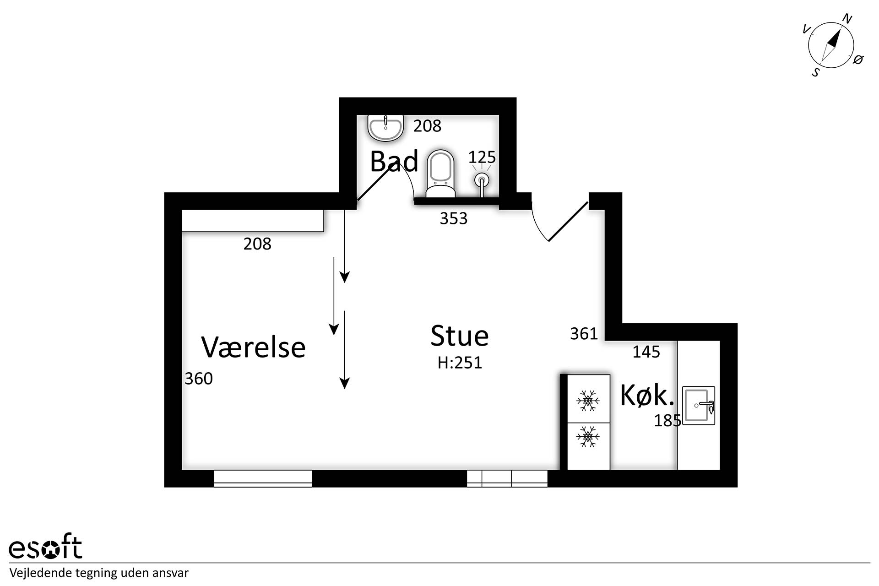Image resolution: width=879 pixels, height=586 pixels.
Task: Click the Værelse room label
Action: click(x=253, y=347)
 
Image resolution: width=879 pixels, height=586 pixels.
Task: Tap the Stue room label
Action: click(x=459, y=336)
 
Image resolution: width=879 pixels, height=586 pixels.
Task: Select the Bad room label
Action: click(x=394, y=161)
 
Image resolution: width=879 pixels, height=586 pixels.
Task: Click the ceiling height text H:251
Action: click(x=460, y=363)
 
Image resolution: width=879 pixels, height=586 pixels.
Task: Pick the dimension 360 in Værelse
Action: click(x=199, y=379)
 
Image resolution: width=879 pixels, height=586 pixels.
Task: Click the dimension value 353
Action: click(x=453, y=218)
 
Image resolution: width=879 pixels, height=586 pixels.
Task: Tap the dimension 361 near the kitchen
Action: click(x=584, y=334)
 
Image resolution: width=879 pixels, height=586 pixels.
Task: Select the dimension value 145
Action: click(x=646, y=352)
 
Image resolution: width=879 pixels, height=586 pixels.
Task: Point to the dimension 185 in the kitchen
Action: click(x=667, y=420)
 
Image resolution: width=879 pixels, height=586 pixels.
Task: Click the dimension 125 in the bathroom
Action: click(x=482, y=157)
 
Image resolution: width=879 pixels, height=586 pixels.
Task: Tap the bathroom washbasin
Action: click(x=385, y=127)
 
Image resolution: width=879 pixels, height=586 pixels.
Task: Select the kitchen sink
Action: click(x=699, y=405)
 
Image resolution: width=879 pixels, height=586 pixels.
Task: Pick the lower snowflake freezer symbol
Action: click(x=588, y=436)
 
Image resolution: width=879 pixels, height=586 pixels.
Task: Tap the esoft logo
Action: click(x=45, y=546)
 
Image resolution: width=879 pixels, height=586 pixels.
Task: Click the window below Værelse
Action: click(x=263, y=478)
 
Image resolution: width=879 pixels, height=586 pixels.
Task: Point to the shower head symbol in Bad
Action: click(x=481, y=179)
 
